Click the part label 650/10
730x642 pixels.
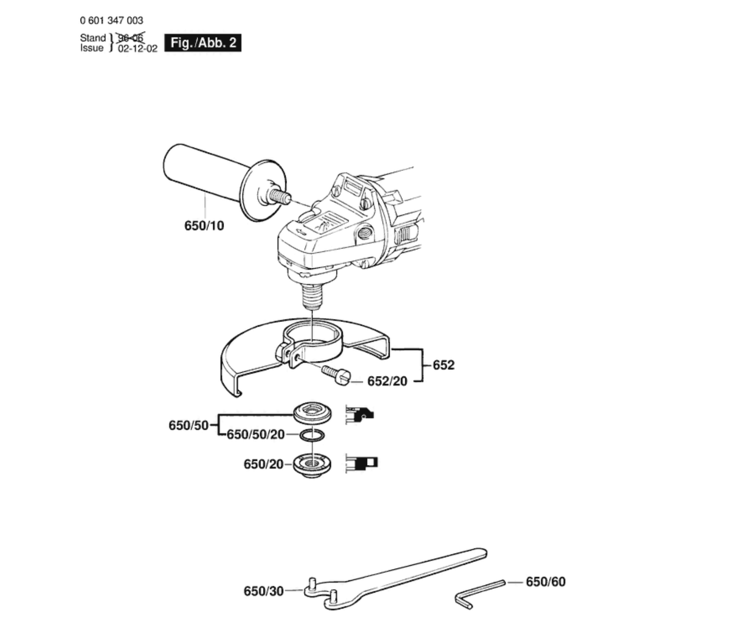[x=204, y=226]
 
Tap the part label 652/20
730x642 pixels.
[x=387, y=381]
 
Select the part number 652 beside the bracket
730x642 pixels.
[x=443, y=365]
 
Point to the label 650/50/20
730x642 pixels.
[x=256, y=434]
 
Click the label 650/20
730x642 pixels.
[x=263, y=465]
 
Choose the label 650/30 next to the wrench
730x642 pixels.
[x=264, y=591]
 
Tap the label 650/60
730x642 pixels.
[x=545, y=582]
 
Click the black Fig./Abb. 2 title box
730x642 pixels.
[x=203, y=43]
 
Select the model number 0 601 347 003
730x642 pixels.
[x=112, y=21]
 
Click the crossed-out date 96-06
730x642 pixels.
[x=130, y=37]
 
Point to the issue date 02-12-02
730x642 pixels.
[x=137, y=48]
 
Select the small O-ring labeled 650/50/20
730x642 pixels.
[x=312, y=435]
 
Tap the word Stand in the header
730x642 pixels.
[x=93, y=38]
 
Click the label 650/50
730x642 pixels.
[x=188, y=425]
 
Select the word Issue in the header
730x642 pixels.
[x=92, y=48]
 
